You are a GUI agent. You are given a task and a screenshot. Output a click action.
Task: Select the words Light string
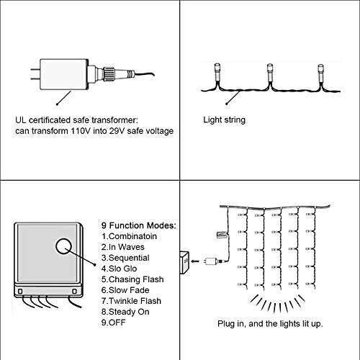[224, 120]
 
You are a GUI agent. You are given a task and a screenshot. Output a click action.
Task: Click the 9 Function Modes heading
[139, 225]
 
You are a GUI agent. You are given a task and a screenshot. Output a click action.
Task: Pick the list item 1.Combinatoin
[129, 236]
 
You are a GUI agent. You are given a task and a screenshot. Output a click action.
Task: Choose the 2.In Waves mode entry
[123, 247]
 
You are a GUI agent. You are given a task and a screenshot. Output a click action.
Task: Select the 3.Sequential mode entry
[125, 258]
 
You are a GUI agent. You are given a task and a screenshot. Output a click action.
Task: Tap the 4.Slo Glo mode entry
[119, 269]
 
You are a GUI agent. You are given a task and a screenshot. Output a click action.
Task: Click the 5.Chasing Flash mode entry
[132, 279]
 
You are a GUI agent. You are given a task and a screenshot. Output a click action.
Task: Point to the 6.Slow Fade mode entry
[125, 290]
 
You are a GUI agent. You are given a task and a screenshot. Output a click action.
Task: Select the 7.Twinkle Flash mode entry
[131, 301]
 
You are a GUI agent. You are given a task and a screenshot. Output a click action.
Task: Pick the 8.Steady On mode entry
[125, 312]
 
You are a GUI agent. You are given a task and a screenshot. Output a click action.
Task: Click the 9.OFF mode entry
[113, 323]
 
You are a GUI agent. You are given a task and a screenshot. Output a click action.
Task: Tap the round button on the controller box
[64, 246]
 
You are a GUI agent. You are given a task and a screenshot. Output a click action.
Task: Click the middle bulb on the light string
[270, 73]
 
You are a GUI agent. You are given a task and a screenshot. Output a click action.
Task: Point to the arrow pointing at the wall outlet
[196, 261]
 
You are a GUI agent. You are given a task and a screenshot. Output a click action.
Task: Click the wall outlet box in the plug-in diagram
[184, 262]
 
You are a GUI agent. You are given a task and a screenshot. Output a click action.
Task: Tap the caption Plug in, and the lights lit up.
[270, 324]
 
